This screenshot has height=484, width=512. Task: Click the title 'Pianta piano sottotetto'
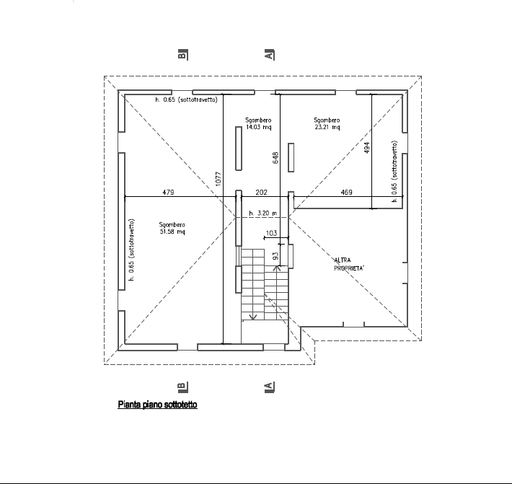157,405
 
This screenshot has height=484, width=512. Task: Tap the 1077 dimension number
219,179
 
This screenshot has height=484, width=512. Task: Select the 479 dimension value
168,193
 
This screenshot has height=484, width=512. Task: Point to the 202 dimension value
261,193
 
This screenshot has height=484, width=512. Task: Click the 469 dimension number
346,193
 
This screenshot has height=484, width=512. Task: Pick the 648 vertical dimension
275,158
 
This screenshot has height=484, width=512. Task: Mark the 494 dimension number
367,148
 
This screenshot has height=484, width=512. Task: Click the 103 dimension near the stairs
271,233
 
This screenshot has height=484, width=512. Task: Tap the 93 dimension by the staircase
275,256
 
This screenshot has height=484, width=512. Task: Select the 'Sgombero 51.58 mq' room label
172,228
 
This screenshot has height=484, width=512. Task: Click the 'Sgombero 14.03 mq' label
258,123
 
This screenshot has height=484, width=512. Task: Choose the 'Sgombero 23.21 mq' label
327,123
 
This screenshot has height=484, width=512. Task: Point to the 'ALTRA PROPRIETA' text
349,264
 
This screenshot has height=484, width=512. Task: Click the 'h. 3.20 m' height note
263,214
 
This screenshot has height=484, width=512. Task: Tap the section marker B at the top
182,54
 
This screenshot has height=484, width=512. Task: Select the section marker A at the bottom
269,387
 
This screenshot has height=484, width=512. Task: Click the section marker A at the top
269,54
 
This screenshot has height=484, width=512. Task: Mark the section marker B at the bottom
182,387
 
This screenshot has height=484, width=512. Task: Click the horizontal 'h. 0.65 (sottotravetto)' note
186,100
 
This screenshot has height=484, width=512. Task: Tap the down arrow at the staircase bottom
252,316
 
